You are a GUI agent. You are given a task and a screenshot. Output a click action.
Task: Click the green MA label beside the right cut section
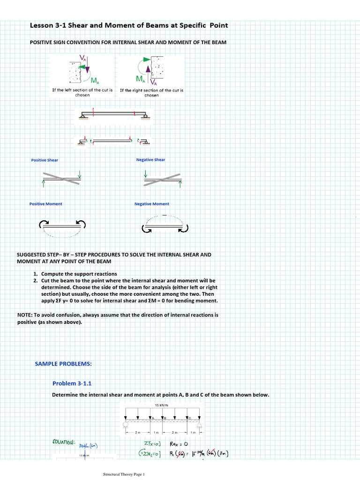point(140,78)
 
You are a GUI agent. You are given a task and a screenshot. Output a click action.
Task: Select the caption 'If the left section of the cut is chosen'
point(82,92)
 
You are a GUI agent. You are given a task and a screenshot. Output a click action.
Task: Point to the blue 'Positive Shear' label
point(45,160)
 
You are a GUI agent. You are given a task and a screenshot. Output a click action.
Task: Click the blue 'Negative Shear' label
point(150,159)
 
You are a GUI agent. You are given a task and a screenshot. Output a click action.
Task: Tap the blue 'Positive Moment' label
point(45,204)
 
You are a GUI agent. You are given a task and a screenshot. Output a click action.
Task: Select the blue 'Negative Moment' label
point(152,204)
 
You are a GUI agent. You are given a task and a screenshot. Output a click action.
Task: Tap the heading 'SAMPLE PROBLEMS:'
point(63,364)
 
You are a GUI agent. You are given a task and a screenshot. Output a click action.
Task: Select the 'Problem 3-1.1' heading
point(72,383)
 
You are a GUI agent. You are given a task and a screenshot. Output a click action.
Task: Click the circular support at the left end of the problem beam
point(125,425)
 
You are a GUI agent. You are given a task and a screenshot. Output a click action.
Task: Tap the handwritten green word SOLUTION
point(61,442)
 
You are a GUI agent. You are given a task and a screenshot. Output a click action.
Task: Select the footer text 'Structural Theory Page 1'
point(124,474)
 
